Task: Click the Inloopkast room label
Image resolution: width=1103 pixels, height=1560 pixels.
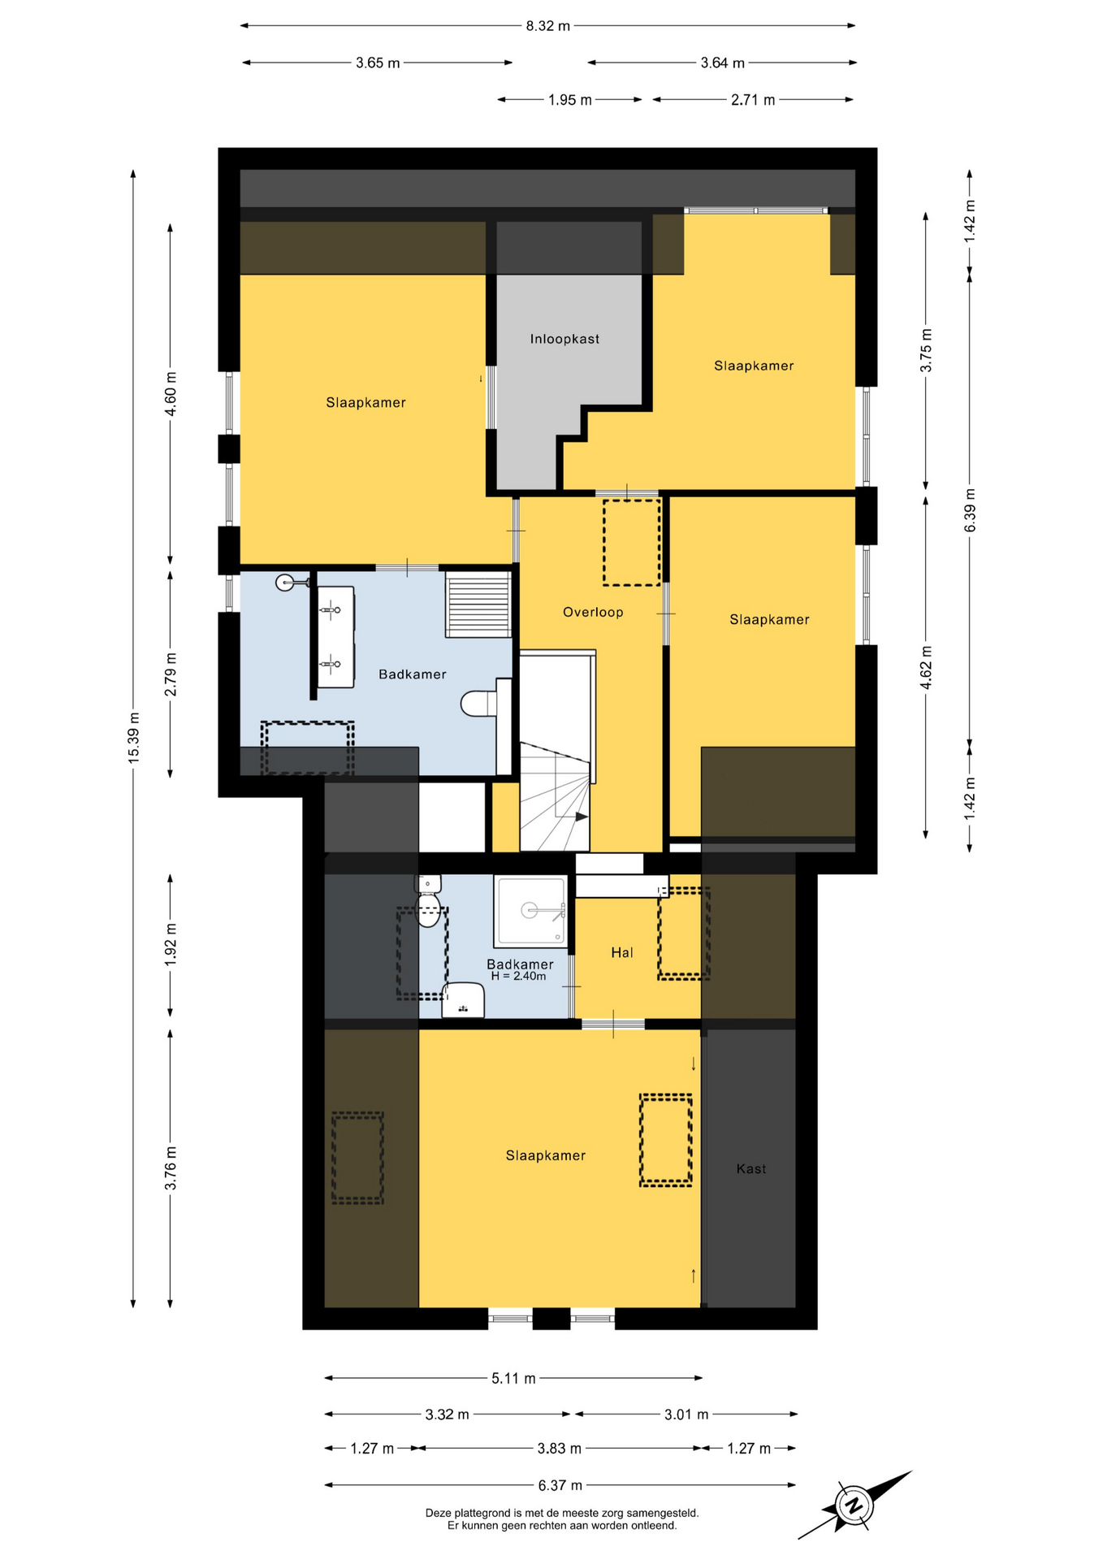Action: point(564,339)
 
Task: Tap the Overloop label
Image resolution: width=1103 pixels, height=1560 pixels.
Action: point(593,612)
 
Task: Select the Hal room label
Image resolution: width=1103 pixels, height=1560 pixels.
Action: point(622,952)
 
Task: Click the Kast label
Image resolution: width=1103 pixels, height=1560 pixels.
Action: point(751,1168)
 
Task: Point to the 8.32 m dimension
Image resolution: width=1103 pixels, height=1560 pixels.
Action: point(548,25)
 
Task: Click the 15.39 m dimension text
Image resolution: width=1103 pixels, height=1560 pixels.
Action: point(134,737)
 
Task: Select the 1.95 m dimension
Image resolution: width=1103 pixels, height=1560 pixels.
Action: point(570,100)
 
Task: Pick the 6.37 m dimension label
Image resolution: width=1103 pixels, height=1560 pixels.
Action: point(560,1485)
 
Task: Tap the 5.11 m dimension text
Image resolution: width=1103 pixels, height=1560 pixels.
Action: point(513,1378)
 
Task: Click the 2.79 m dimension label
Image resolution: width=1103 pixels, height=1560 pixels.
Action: point(171,674)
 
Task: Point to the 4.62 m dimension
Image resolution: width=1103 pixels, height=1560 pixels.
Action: point(926,668)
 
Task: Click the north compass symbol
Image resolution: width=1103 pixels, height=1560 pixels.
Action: point(854,1506)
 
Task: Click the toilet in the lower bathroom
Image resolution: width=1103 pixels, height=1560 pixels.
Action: point(428,900)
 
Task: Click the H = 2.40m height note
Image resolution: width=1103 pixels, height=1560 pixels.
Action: point(518,977)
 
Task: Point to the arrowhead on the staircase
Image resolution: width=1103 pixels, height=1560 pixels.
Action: point(582,817)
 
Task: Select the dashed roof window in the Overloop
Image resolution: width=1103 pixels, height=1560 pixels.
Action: point(632,542)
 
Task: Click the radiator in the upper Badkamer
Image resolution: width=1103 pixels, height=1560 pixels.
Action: point(478,604)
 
